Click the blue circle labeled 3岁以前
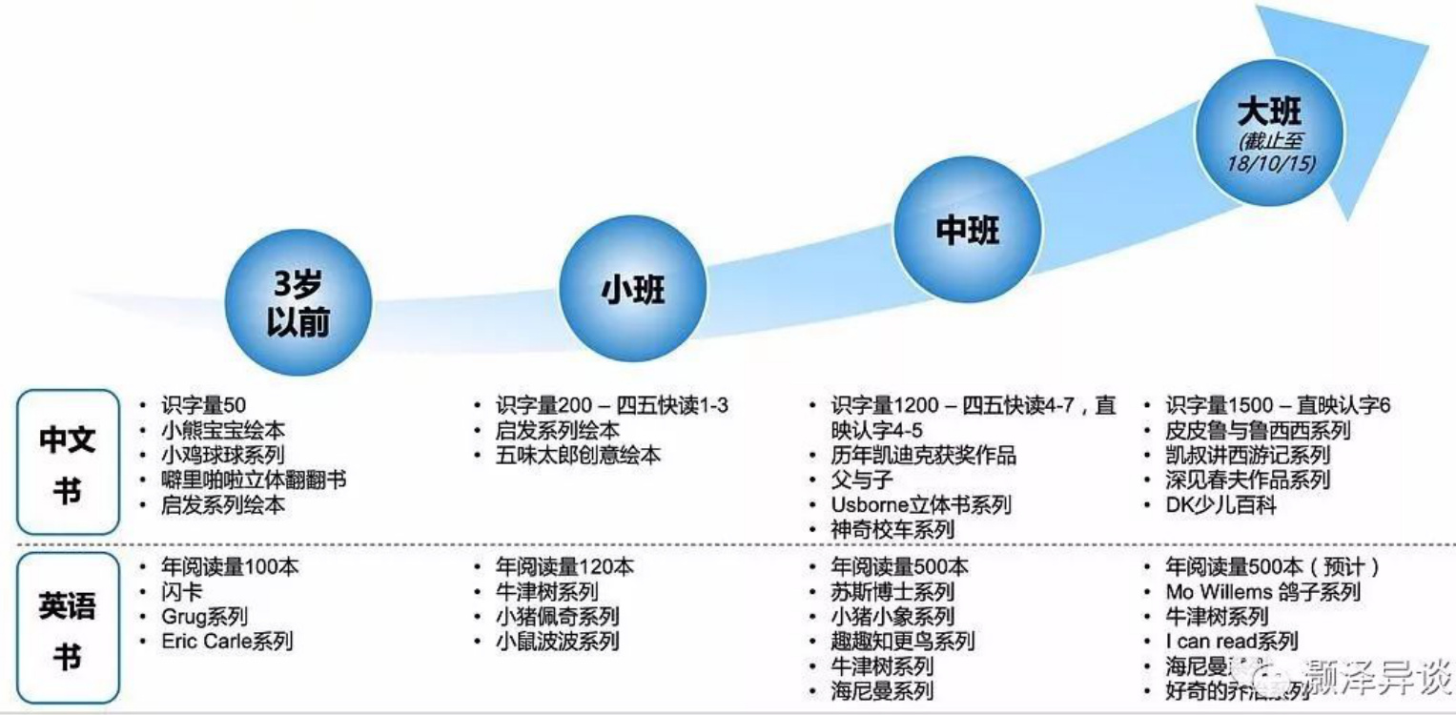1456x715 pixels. [297, 304]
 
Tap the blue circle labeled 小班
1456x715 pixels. [632, 289]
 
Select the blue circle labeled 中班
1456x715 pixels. [968, 230]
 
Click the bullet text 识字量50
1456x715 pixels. [203, 405]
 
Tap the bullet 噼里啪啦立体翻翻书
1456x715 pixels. [253, 480]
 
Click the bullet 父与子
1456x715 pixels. [862, 480]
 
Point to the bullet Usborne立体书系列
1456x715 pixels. [920, 504]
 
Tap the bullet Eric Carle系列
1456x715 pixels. [227, 642]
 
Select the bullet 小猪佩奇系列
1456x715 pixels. [557, 617]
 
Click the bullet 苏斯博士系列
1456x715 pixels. [892, 592]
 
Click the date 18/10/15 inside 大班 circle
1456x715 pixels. [1271, 163]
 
